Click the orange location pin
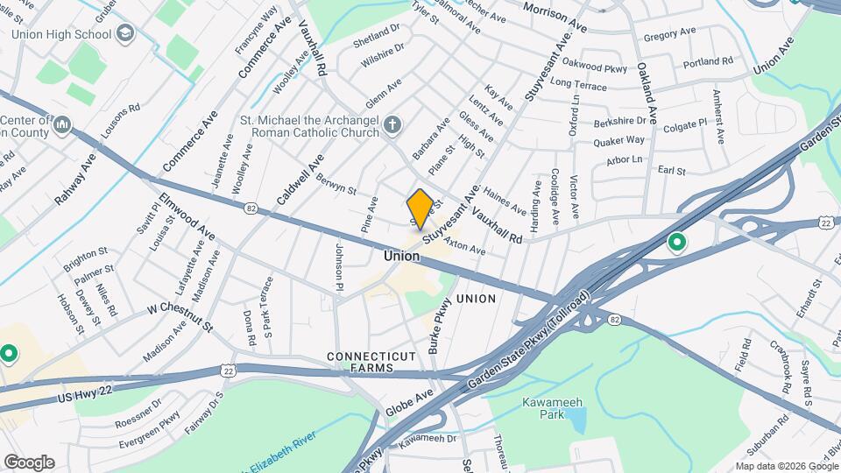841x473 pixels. [x=420, y=208]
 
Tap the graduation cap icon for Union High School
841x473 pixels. [x=125, y=33]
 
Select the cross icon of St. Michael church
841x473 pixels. [x=392, y=125]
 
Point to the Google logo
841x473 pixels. [x=29, y=462]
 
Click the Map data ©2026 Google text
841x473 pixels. [x=786, y=466]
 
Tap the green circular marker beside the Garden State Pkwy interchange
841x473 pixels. [x=676, y=242]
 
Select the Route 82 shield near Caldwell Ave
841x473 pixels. [x=251, y=208]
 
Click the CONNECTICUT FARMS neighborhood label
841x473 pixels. [x=371, y=363]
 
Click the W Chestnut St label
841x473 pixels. [x=180, y=316]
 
